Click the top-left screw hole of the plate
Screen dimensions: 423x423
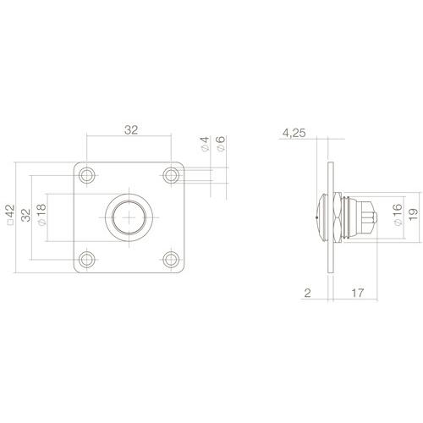87,175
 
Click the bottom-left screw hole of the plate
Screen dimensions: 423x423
87,259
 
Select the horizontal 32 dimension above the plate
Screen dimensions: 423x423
130,130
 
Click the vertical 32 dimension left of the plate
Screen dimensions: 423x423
25,216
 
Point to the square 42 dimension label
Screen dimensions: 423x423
10,217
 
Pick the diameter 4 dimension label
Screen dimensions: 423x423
205,145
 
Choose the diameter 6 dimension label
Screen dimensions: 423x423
220,145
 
